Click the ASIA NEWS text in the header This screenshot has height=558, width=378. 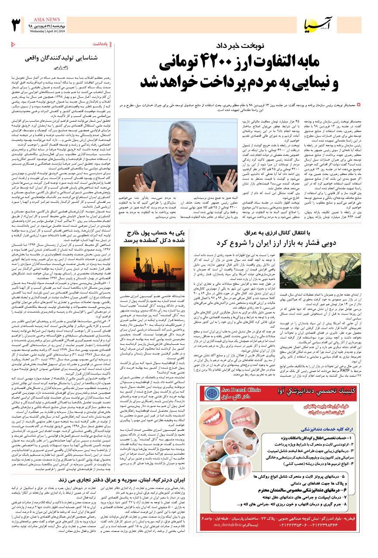47,20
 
